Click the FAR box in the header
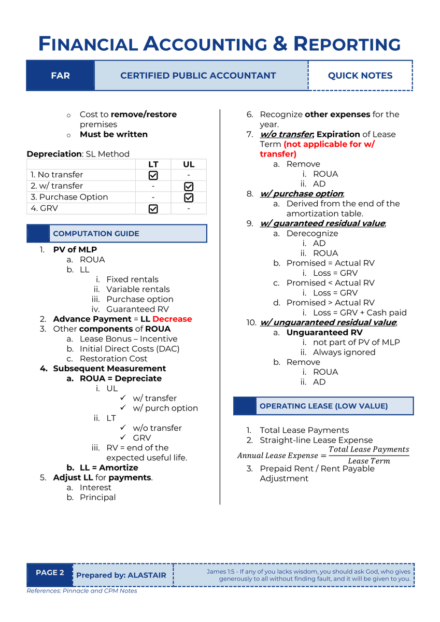pos(60,76)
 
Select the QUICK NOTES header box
pos(360,76)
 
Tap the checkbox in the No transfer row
pos(153,175)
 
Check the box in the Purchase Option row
pos(189,197)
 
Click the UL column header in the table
pos(189,164)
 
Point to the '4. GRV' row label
pos(44,208)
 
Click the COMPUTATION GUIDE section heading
pos(96,234)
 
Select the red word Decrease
pos(172,319)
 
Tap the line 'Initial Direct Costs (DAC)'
pos(130,349)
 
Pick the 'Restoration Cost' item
pos(113,359)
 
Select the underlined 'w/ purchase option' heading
pos(302,194)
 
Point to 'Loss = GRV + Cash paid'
pos(360,313)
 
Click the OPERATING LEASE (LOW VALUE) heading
pos(323,406)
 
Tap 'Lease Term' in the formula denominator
pos(368,461)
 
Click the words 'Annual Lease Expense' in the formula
pos(277,456)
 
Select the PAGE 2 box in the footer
pos(50,573)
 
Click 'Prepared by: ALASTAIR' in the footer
pos(121,575)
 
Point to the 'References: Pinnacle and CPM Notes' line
pos(82,591)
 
